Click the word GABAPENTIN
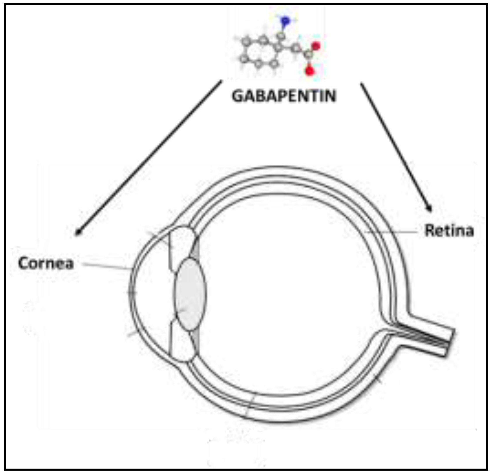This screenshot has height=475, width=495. (284, 96)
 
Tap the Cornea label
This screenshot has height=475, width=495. (46, 263)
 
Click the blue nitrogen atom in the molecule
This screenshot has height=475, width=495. (285, 21)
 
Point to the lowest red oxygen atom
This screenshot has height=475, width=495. (309, 70)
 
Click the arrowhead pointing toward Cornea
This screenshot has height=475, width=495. (77, 233)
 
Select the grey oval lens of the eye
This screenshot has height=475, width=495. (190, 294)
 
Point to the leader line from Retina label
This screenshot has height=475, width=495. (391, 232)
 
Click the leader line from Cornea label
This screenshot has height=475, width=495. (106, 266)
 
